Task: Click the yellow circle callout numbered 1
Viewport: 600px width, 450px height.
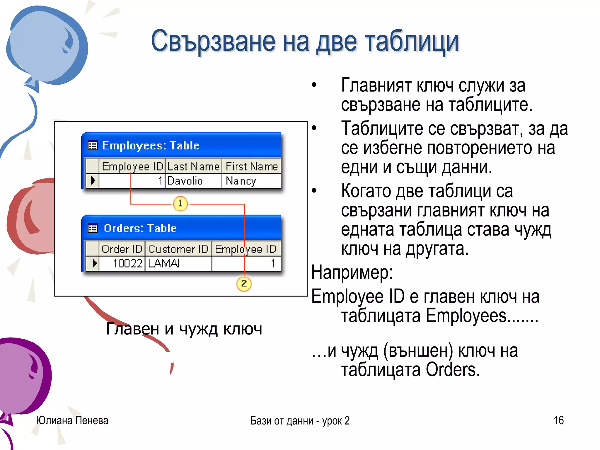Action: coord(180,203)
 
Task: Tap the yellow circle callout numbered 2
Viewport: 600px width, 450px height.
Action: coord(244,284)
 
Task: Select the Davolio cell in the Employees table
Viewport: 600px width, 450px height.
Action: coord(185,181)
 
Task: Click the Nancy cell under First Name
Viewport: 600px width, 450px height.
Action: coord(241,181)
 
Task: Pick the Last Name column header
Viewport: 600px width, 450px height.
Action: coord(193,166)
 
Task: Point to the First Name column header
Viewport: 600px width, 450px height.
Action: coord(251,166)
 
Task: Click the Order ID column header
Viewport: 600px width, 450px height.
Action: coord(122,249)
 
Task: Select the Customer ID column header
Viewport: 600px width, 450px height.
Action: coord(178,249)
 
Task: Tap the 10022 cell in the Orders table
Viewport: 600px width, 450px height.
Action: coord(127,263)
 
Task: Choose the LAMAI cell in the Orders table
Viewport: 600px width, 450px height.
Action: coord(164,263)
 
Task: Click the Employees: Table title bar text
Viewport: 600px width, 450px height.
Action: coord(150,146)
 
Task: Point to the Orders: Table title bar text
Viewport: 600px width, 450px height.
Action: coord(140,228)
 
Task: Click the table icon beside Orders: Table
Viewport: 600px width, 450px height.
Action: coord(93,228)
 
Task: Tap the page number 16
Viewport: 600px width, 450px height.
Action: coord(558,420)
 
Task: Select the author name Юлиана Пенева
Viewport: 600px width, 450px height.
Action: coord(72,420)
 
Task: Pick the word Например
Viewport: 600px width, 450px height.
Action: coord(352,272)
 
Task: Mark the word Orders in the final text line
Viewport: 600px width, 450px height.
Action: coord(452,370)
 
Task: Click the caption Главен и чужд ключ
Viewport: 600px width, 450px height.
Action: coord(184,329)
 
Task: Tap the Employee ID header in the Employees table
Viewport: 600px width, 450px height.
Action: coord(132,166)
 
